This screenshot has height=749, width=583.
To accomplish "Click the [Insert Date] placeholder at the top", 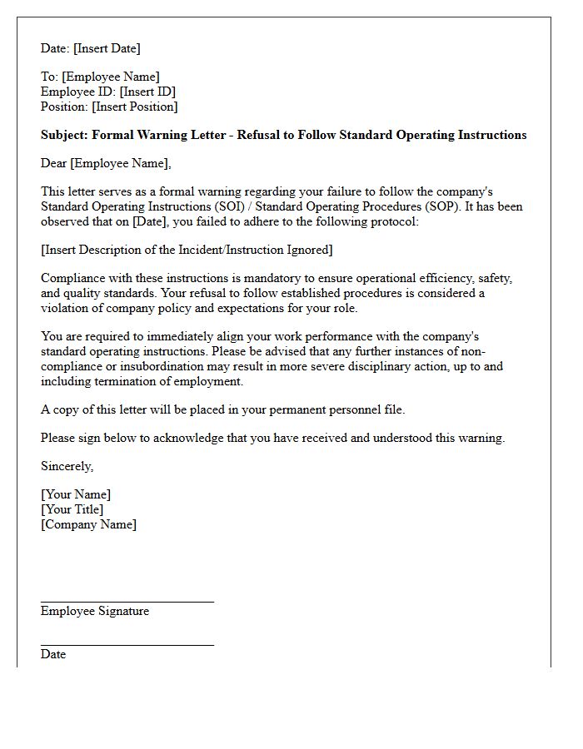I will (x=107, y=48).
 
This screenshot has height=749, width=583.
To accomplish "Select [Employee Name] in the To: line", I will (x=110, y=77).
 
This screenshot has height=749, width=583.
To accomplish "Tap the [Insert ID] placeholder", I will (x=147, y=92).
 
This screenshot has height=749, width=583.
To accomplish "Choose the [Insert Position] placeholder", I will (x=135, y=107).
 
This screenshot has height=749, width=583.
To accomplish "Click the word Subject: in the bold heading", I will (x=64, y=135).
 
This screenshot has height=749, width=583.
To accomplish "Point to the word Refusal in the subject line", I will (x=259, y=135).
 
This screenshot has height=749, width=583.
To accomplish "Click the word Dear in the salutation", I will (x=53, y=163).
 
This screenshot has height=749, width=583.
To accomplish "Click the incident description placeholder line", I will (x=187, y=250).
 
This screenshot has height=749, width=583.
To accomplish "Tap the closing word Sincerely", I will (x=67, y=466).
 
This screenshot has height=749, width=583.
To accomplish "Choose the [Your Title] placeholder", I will (x=72, y=509).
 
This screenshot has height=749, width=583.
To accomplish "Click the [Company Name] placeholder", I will (x=88, y=524).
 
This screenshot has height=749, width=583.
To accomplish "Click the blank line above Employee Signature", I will (x=127, y=600).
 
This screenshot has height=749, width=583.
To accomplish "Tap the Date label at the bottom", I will (x=53, y=654).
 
